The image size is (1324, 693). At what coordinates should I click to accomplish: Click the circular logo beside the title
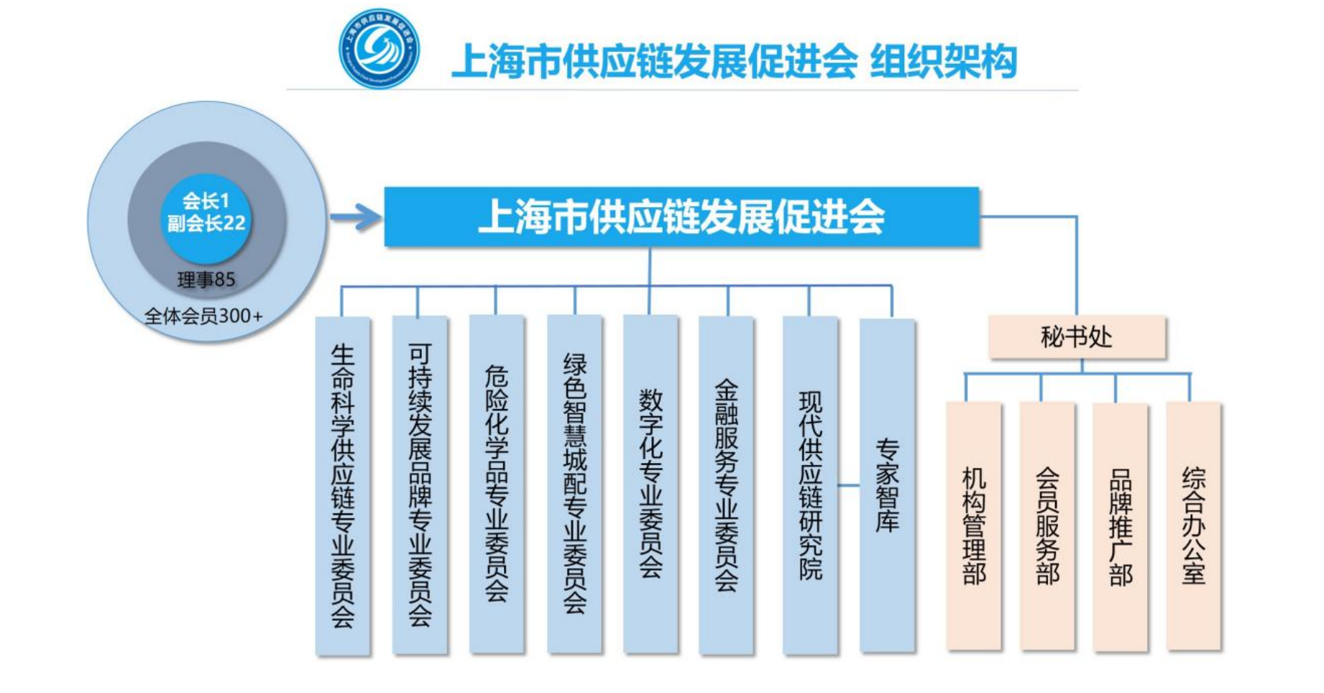click(379, 49)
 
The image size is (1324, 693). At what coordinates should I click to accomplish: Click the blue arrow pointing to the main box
click(357, 216)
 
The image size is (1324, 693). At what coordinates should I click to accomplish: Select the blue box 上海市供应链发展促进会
click(681, 217)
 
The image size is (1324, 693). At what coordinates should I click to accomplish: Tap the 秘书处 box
click(1077, 336)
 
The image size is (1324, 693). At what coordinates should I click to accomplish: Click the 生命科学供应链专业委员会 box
click(343, 486)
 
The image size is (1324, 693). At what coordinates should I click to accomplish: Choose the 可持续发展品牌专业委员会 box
click(420, 486)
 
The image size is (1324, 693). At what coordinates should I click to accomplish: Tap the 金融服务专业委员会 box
click(726, 486)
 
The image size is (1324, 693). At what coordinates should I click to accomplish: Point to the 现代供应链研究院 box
click(810, 486)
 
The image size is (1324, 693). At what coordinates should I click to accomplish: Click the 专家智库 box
click(887, 486)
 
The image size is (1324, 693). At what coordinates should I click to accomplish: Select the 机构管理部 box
click(974, 526)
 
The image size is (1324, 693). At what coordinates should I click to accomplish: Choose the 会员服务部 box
click(1047, 526)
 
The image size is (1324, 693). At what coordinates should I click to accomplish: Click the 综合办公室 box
click(1193, 526)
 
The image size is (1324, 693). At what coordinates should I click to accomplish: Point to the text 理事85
click(206, 280)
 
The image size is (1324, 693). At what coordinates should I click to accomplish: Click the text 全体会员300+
click(203, 316)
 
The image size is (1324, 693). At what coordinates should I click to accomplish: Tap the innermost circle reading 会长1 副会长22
click(206, 213)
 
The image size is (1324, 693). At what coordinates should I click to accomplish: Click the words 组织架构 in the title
click(943, 61)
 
